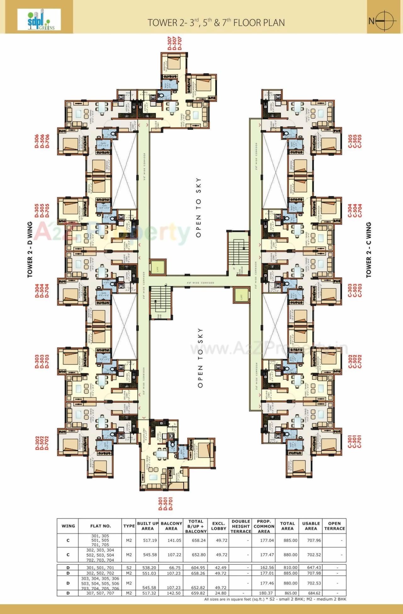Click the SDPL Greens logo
click(39, 19)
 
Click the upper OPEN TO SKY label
click(198, 207)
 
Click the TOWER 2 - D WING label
click(30, 250)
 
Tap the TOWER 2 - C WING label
click(369, 250)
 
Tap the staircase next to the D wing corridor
click(160, 302)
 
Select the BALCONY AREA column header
click(171, 526)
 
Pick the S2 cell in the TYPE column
click(129, 568)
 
